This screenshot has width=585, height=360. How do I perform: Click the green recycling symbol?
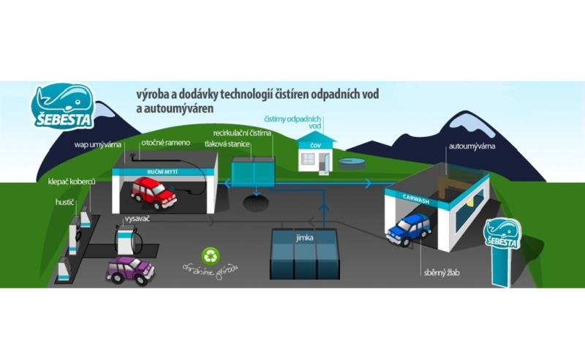pyautogui.click(x=211, y=255)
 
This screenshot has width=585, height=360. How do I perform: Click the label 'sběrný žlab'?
pyautogui.click(x=441, y=273)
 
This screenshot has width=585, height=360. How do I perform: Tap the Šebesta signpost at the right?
pyautogui.click(x=503, y=236)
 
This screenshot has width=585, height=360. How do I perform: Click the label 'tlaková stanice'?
pyautogui.click(x=227, y=145)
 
